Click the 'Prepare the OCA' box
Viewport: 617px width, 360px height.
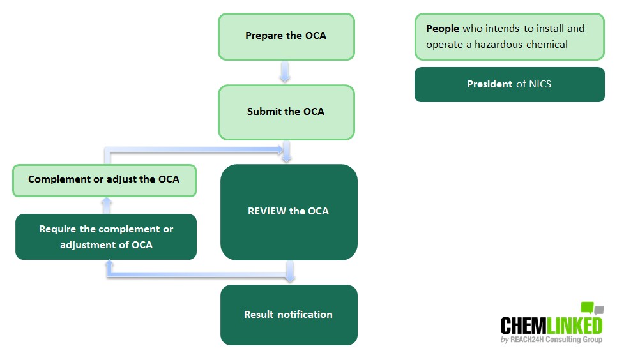(286, 36)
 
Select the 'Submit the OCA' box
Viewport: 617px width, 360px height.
(286, 112)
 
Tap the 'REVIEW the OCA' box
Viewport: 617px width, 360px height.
(289, 211)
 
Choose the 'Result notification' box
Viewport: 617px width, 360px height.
(289, 315)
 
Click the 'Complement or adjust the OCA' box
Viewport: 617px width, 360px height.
(104, 179)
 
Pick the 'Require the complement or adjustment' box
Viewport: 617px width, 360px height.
(106, 237)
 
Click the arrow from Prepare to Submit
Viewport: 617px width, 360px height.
(286, 72)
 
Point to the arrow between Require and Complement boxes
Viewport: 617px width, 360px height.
(107, 205)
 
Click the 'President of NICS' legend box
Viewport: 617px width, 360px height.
(509, 84)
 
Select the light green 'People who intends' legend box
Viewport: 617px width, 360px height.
(509, 37)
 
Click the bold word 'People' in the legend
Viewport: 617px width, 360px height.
(442, 29)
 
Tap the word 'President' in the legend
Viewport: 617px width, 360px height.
(489, 84)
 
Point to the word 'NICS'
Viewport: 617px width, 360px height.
(540, 84)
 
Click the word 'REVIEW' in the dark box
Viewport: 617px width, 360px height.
(267, 211)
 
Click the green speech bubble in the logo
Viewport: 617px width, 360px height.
(587, 308)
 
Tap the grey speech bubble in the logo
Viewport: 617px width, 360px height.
(598, 311)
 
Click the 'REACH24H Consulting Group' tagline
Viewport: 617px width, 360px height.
(556, 340)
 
